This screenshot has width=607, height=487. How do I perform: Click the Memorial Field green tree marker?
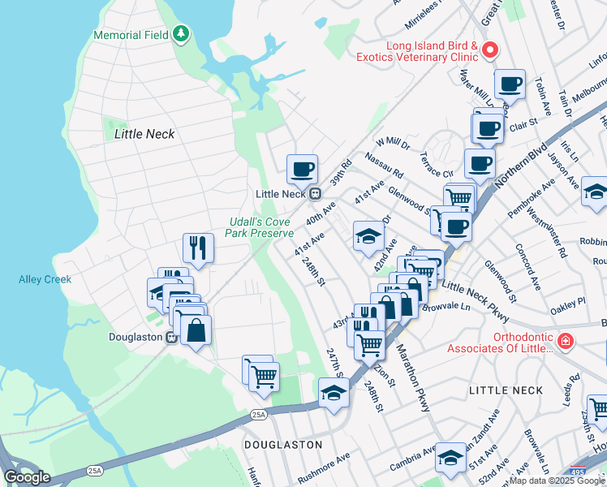coord(183,34)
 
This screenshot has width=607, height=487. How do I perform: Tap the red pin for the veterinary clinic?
coord(490,50)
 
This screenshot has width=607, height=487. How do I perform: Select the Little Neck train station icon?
coord(314,194)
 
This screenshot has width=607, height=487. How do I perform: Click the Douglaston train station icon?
coord(172,337)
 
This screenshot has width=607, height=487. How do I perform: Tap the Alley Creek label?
coord(45,279)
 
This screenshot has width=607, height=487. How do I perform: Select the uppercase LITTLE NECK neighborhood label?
coord(506,390)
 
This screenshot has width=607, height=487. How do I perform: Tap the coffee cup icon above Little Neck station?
coord(302,169)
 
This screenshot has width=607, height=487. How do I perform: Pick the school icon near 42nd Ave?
coord(368,236)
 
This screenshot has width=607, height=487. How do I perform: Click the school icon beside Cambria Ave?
coord(450,459)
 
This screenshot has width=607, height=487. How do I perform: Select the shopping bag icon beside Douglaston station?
coord(196,330)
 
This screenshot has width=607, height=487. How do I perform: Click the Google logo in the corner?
coord(27,476)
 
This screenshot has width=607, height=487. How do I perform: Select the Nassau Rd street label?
coord(384,166)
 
